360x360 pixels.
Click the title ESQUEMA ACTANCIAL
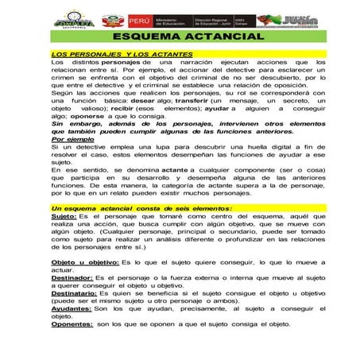pos(180,37)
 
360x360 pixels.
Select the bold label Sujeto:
pos(64,215)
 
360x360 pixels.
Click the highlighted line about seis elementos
pos(132,207)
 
